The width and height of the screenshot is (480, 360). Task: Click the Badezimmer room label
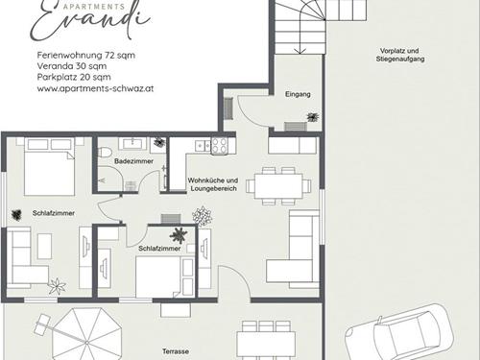coord(133,161)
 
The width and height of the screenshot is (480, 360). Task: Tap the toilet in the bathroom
coord(104,152)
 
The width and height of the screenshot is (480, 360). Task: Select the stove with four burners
coord(219,146)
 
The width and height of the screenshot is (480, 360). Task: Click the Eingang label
coord(298,94)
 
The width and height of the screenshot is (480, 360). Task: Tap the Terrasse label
coord(176,351)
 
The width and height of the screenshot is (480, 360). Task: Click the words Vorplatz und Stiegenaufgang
coord(400,55)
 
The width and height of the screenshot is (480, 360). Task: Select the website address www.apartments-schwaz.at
coord(95,88)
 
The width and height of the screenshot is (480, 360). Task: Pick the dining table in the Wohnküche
coord(278,186)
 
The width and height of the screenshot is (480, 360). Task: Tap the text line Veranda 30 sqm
coord(72,66)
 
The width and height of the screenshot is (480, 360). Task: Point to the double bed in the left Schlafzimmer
coord(50,166)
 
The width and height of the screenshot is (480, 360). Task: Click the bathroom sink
coord(132,144)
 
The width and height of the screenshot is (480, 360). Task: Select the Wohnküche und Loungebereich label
coord(213,184)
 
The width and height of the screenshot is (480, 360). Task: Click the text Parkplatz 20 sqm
coord(74,77)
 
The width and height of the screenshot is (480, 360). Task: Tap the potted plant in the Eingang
coord(313,117)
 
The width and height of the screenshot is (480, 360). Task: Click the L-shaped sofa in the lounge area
coord(293,250)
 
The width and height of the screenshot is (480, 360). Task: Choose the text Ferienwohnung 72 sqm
coord(86,55)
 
